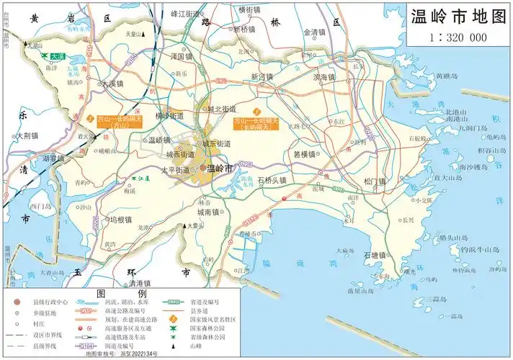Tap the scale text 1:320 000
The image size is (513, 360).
pos(458,38)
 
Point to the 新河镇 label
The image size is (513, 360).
pos(263,76)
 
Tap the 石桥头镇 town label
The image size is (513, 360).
pos(272,180)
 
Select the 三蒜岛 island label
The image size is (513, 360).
pos(434,299)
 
